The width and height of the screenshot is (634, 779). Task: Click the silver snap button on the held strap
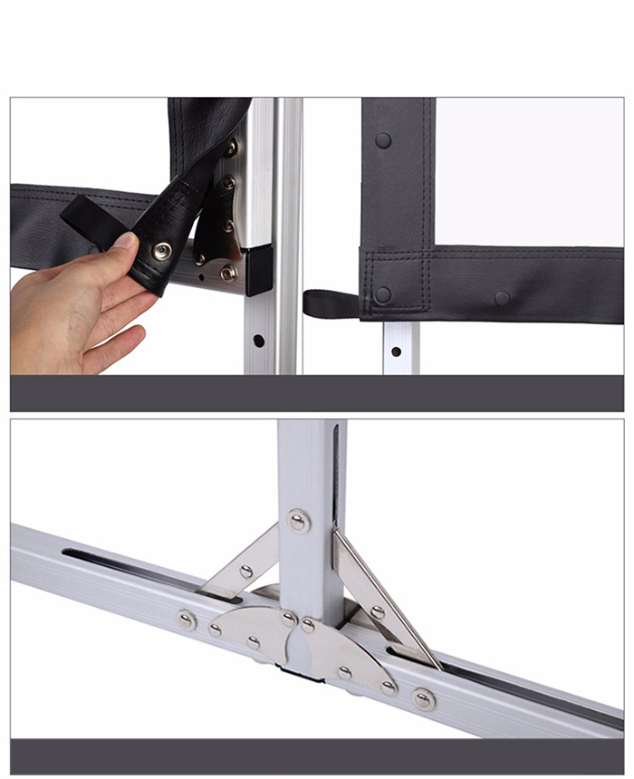(x=162, y=251)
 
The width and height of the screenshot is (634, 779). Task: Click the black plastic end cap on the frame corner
(x=258, y=269)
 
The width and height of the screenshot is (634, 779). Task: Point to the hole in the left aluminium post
(x=258, y=341)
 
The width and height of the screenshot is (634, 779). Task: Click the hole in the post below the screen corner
(x=396, y=351)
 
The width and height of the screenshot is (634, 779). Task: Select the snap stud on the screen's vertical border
(x=383, y=140)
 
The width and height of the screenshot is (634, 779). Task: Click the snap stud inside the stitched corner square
(x=383, y=295)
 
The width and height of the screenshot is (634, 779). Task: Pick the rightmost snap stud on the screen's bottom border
(x=502, y=298)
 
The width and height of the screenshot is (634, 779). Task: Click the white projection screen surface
(x=525, y=172)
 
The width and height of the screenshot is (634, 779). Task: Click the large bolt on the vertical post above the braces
(x=298, y=520)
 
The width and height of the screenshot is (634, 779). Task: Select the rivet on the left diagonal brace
(x=245, y=572)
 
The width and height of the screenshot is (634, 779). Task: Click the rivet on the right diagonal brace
(x=377, y=612)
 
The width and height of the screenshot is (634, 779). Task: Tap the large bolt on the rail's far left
(x=187, y=620)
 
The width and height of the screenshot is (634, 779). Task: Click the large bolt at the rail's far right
(x=422, y=698)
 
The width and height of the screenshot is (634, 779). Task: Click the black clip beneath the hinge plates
(x=299, y=673)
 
